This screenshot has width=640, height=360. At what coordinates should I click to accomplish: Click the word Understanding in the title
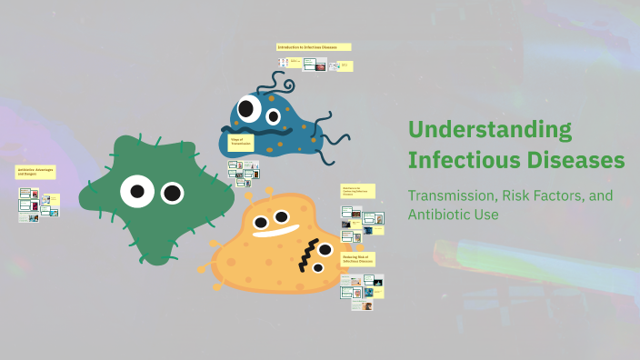[489, 129]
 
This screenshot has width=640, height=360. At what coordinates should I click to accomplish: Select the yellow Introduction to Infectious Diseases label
[314, 46]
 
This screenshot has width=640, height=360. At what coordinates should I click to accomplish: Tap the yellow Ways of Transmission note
[241, 143]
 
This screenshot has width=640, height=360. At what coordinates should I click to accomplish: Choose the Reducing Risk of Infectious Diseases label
[357, 260]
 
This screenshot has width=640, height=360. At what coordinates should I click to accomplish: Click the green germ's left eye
[136, 191]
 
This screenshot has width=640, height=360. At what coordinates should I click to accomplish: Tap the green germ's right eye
[172, 193]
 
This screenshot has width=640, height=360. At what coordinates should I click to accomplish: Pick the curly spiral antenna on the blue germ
[281, 85]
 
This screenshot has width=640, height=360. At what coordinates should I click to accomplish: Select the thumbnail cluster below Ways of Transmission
[244, 170]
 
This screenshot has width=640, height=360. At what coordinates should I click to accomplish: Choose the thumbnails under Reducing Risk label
[361, 292]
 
